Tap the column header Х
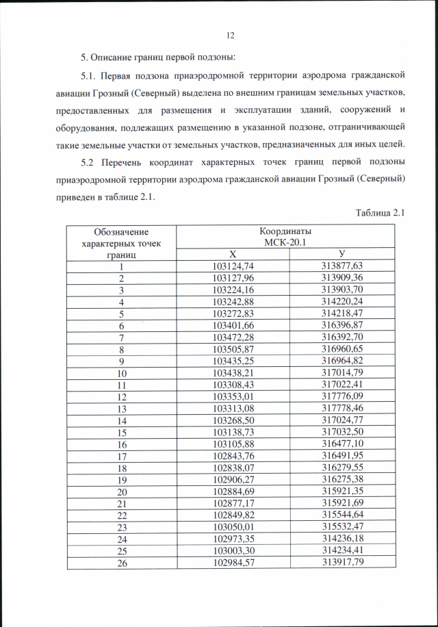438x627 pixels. pyautogui.click(x=233, y=255)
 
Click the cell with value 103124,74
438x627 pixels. pyautogui.click(x=233, y=266)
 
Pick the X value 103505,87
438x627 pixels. pyautogui.click(x=233, y=349)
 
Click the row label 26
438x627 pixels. pyautogui.click(x=122, y=563)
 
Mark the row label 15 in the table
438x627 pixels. pyautogui.click(x=122, y=433)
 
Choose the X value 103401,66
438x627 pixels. pyautogui.click(x=233, y=326)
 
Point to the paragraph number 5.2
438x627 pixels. pyautogui.click(x=90, y=162)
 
